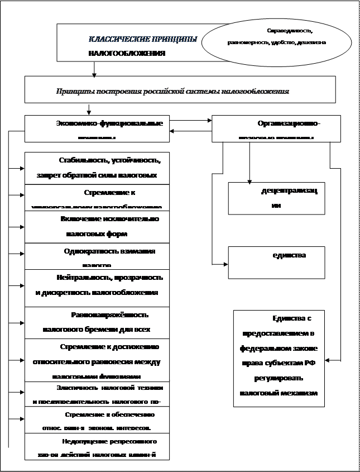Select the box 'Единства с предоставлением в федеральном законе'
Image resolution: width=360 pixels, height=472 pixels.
coord(279,357)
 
